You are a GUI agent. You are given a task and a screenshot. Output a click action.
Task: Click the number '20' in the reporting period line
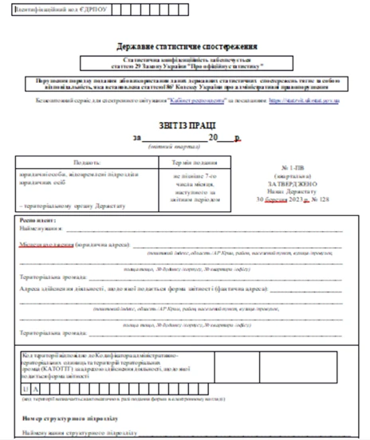click(x=213, y=137)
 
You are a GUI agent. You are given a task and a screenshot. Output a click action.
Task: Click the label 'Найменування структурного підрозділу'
click(x=80, y=432)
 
